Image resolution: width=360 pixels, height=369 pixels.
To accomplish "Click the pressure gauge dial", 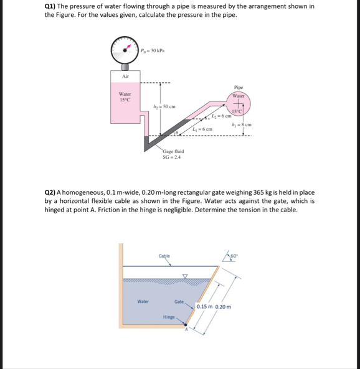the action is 125,50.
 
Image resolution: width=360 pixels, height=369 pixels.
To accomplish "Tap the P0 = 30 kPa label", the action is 153,50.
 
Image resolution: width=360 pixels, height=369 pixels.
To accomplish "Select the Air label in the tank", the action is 125,77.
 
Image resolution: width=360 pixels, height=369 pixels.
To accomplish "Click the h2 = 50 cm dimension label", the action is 164,106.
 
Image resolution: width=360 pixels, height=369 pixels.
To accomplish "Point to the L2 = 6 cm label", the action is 222,116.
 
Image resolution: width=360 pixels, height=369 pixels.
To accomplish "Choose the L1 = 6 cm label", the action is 202,129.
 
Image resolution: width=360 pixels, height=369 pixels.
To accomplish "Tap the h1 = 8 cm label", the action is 242,124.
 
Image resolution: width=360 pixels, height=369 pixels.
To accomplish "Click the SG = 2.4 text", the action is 171,157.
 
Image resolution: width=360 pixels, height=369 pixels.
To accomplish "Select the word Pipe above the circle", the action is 239,87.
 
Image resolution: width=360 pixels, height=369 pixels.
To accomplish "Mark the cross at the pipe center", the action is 238,103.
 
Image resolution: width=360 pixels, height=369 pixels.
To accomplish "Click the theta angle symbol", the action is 176,133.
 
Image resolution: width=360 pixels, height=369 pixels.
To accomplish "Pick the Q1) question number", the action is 49,7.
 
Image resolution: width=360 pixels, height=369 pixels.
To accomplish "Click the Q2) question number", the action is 50,193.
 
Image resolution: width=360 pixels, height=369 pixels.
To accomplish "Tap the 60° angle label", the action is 234,256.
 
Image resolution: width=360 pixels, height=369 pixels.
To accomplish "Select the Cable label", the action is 164,256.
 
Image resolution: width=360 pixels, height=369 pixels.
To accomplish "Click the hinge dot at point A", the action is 186,325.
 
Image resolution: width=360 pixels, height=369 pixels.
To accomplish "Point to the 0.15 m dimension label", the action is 204,307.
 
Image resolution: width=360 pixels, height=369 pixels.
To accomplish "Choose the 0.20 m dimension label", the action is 223,307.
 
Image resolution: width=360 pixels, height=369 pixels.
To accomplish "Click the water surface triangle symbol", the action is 185,276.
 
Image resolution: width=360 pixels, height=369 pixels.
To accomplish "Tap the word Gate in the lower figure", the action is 179,301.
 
